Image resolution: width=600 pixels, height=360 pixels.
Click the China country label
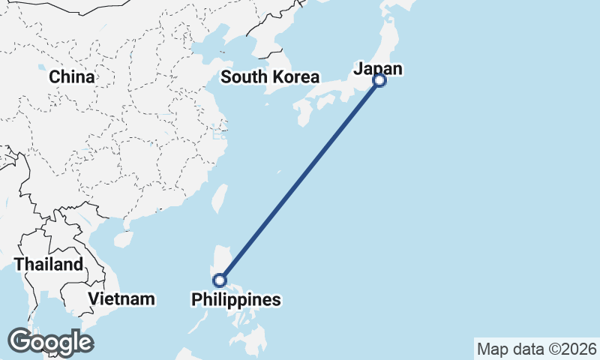point(72,77)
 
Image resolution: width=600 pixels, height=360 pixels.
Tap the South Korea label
point(270,77)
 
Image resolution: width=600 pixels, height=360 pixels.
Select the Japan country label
point(378,69)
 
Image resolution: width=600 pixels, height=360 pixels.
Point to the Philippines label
point(236,300)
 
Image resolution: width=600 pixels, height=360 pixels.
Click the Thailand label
point(49,264)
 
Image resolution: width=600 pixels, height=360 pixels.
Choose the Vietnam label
point(121,299)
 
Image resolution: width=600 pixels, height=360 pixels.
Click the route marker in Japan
point(379,80)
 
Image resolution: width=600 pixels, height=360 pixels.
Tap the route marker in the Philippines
point(220,280)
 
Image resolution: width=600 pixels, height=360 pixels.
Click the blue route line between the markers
point(300,180)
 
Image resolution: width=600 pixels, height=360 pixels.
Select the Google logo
point(50,341)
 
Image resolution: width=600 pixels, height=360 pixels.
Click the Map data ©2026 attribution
point(537,349)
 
